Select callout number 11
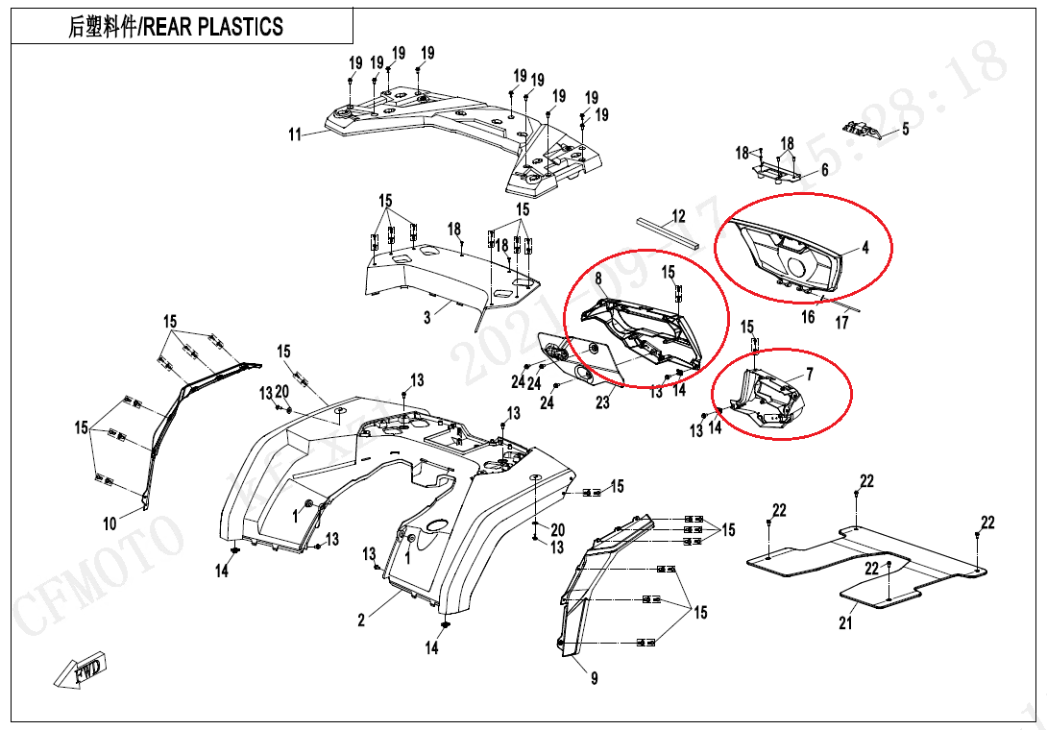pyautogui.click(x=295, y=134)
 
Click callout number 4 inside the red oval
pyautogui.click(x=864, y=248)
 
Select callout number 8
pyautogui.click(x=598, y=279)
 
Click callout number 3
pyautogui.click(x=428, y=318)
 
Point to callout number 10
pyautogui.click(x=110, y=523)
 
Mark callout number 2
pyautogui.click(x=361, y=620)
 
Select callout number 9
pyautogui.click(x=595, y=679)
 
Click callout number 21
pyautogui.click(x=845, y=623)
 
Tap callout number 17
pyautogui.click(x=841, y=323)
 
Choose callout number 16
pyautogui.click(x=809, y=316)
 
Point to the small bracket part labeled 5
pyautogui.click(x=861, y=130)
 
